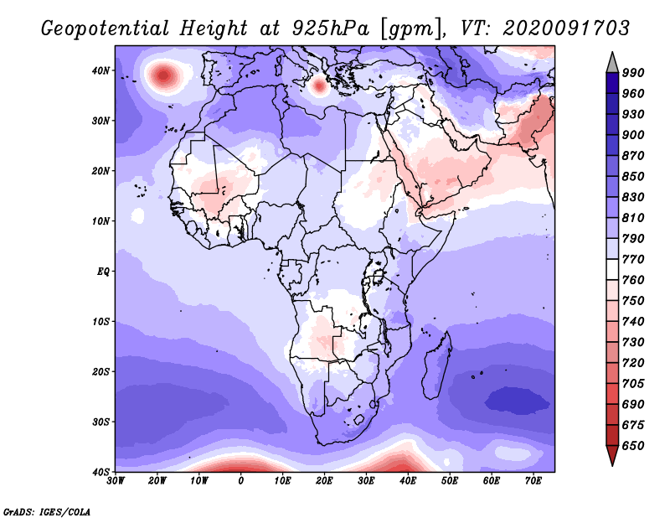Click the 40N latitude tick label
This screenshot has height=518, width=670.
pos(100,70)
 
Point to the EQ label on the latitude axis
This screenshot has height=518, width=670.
pos(103,272)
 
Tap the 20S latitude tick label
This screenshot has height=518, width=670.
pos(100,371)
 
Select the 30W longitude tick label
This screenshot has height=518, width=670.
pos(116,481)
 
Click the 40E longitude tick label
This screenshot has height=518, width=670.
pos(408,481)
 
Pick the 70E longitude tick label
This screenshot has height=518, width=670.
pos(533,481)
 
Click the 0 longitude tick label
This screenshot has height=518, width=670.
pos(241,481)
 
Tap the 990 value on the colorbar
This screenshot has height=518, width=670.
pos(633,73)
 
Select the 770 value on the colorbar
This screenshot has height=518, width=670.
pos(633,259)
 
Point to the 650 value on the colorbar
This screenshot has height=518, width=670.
pos(633,446)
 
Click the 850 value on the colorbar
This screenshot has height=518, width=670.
pos(633,176)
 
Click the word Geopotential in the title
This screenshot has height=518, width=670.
pos(106,28)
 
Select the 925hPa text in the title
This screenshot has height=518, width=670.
pos(330,28)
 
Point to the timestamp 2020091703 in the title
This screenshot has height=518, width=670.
pos(567,28)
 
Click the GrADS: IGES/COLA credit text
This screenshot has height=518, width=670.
pos(47,511)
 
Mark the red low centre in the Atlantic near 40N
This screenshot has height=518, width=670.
pos(163,76)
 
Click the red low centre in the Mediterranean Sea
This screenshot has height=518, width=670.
pos(318,85)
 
